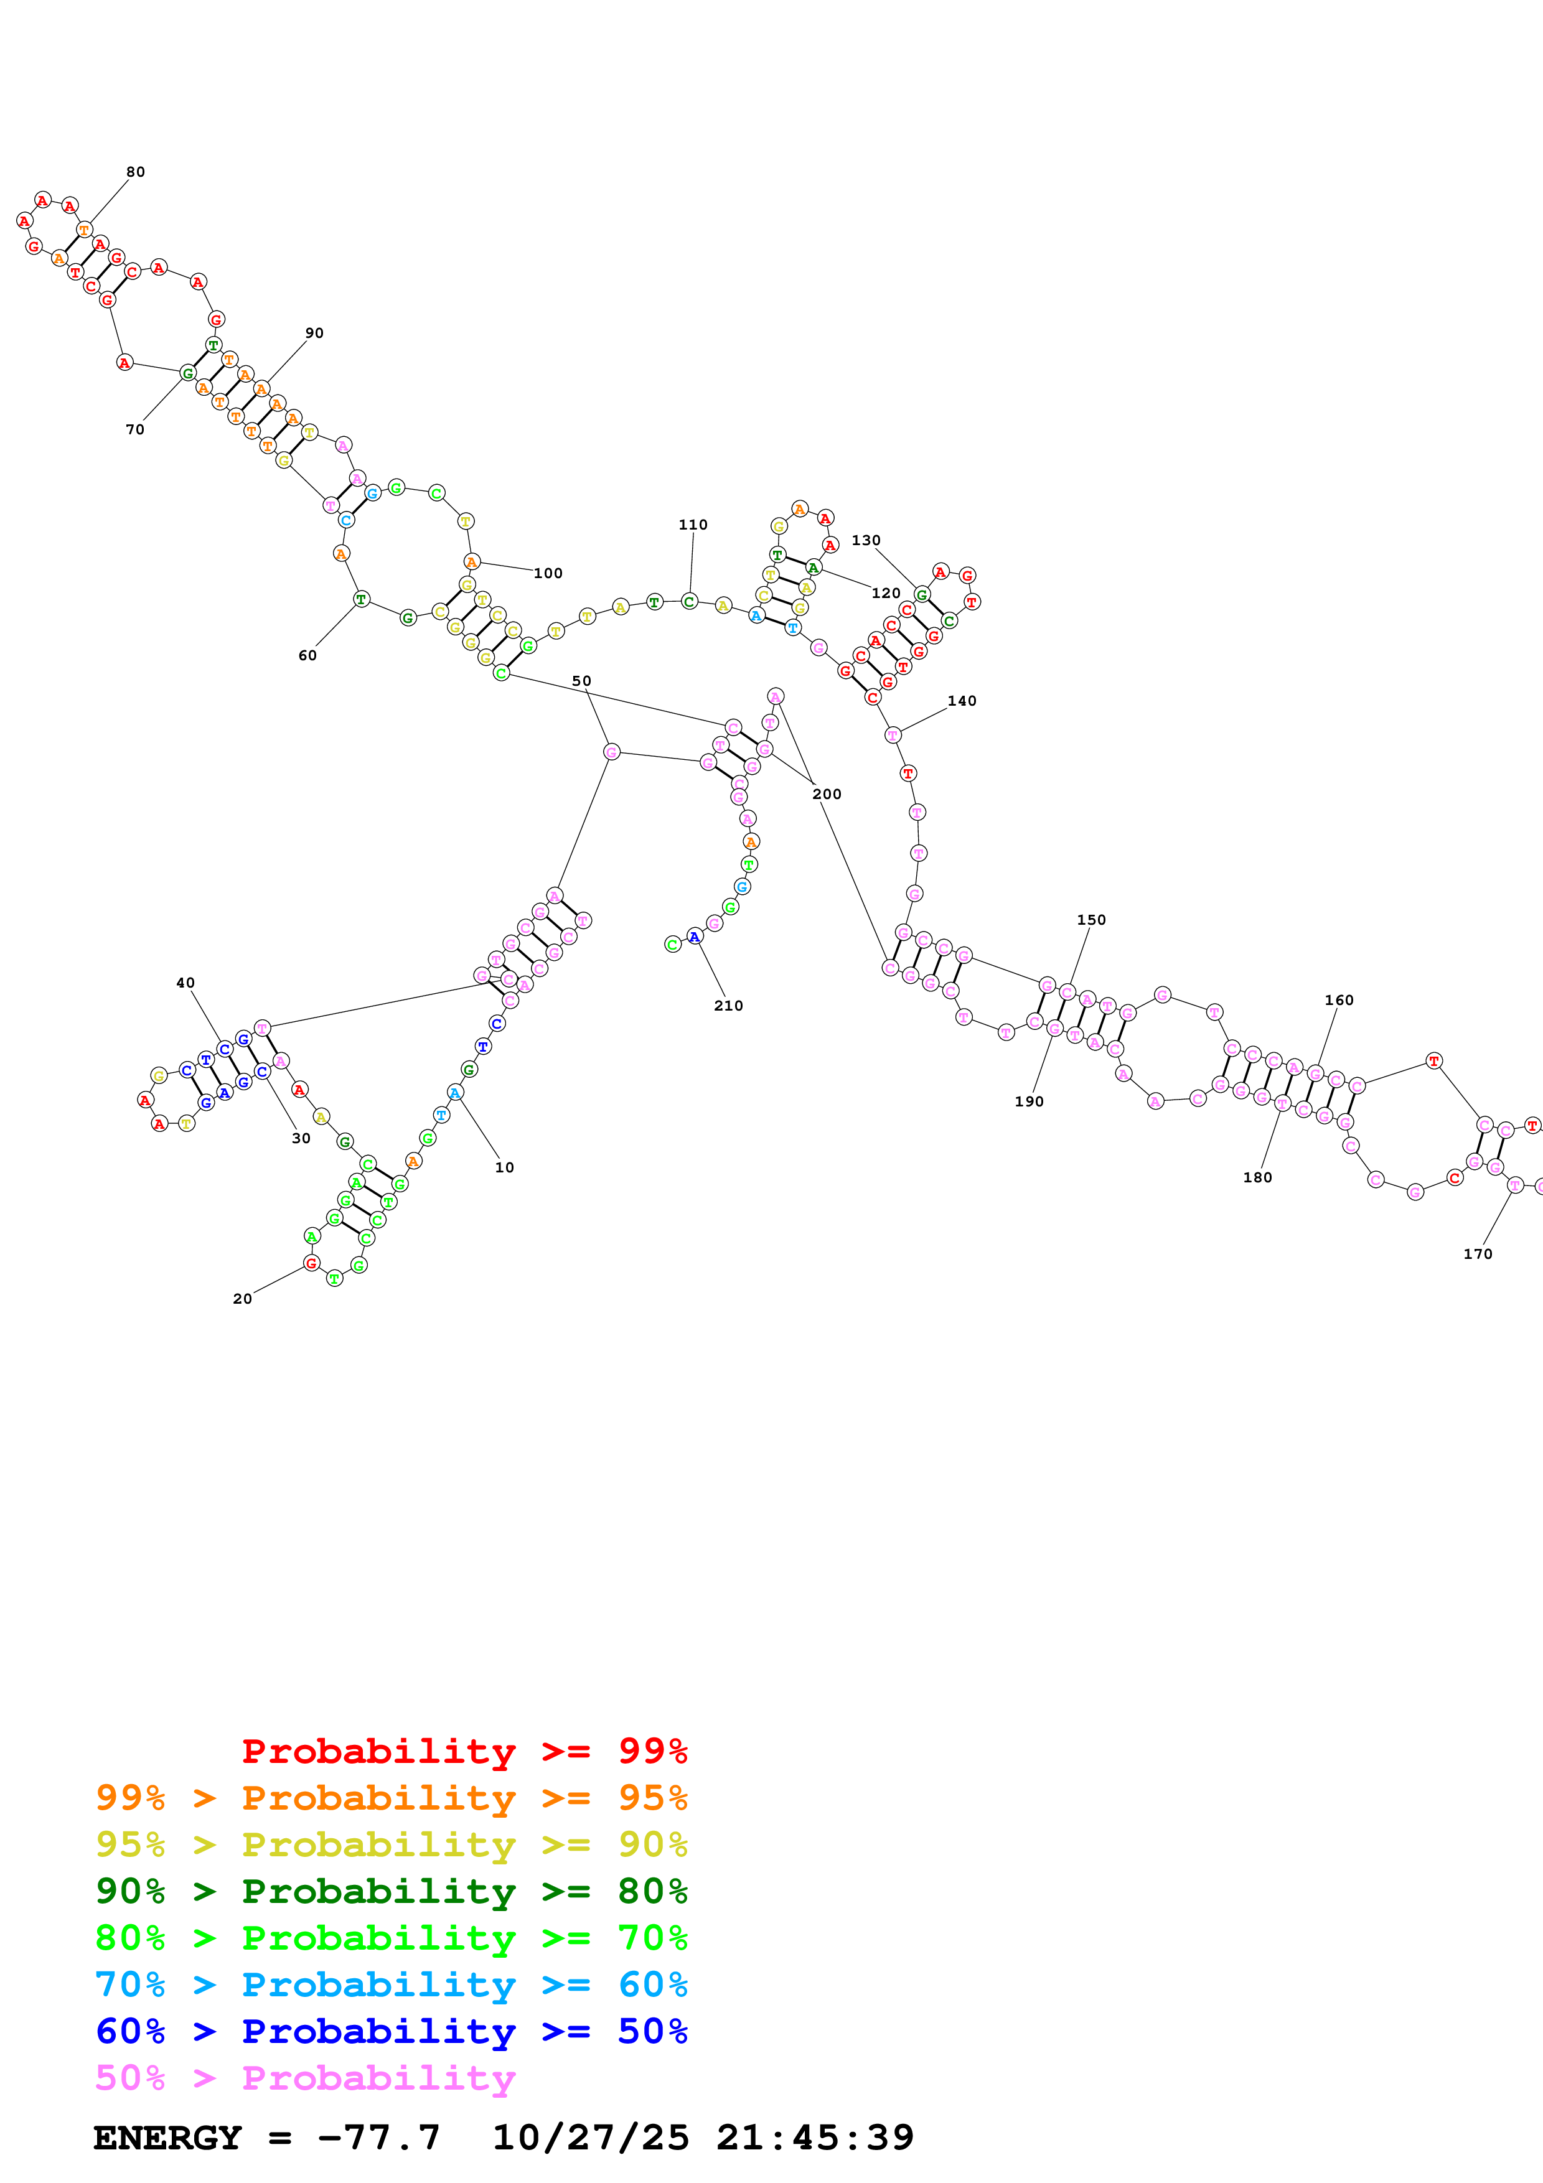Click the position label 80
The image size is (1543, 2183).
pos(135,172)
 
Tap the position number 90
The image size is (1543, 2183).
pos(314,333)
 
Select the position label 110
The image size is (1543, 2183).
pos(692,525)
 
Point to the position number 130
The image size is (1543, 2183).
pos(865,540)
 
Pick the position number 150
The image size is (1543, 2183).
pos(1090,919)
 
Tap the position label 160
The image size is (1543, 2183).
pos(1339,1000)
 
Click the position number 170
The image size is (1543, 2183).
pos(1478,1254)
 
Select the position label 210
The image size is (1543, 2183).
pos(728,1006)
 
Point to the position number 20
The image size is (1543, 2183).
pos(242,1299)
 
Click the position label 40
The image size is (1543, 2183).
pos(185,983)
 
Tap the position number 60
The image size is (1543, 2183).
pos(307,655)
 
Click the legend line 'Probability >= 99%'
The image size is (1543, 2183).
pos(464,1751)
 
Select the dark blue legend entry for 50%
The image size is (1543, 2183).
pos(391,2032)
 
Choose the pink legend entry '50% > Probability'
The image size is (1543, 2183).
pos(305,2078)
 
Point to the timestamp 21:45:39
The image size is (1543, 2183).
pos(815,2138)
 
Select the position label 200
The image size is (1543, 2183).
pos(826,794)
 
